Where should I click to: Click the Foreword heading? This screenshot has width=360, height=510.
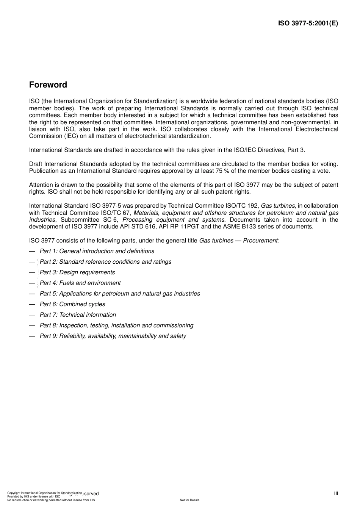click(x=48, y=85)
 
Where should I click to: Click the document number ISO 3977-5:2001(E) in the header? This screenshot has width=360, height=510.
click(x=308, y=23)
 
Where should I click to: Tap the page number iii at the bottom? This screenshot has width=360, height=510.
click(x=336, y=493)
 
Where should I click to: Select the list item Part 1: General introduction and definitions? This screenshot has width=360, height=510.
click(x=97, y=251)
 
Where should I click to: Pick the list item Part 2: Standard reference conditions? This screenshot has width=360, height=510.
click(x=105, y=262)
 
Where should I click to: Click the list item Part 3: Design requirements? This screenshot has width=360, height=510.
click(x=77, y=272)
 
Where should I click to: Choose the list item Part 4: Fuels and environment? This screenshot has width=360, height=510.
click(x=80, y=283)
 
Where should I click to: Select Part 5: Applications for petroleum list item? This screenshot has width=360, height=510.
click(x=120, y=294)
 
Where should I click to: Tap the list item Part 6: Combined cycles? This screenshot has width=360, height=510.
click(x=72, y=304)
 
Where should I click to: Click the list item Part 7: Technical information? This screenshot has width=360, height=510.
click(x=78, y=315)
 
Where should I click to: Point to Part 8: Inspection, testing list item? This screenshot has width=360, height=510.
click(x=116, y=325)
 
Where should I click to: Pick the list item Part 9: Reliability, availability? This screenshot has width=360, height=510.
click(x=113, y=336)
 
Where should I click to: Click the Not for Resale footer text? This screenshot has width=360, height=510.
click(x=189, y=500)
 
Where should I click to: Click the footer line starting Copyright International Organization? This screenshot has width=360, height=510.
click(x=44, y=493)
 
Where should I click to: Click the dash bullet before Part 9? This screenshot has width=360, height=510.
click(x=32, y=336)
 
